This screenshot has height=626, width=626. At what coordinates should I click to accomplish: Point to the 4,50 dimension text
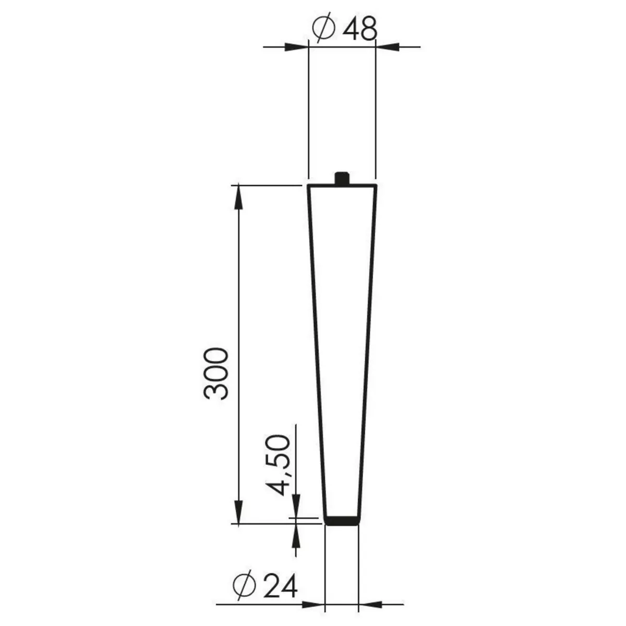(x=277, y=464)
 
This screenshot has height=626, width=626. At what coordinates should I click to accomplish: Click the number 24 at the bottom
(x=280, y=586)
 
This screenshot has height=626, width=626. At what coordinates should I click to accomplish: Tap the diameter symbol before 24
(x=245, y=586)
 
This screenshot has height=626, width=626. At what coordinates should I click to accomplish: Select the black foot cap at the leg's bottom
(x=342, y=520)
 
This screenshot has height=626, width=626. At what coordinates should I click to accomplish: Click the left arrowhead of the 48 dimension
(x=297, y=47)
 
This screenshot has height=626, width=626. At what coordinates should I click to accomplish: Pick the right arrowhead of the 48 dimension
(x=387, y=47)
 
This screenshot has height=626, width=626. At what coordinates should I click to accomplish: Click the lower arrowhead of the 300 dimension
(x=238, y=511)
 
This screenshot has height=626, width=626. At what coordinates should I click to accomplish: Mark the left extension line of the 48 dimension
(x=309, y=115)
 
